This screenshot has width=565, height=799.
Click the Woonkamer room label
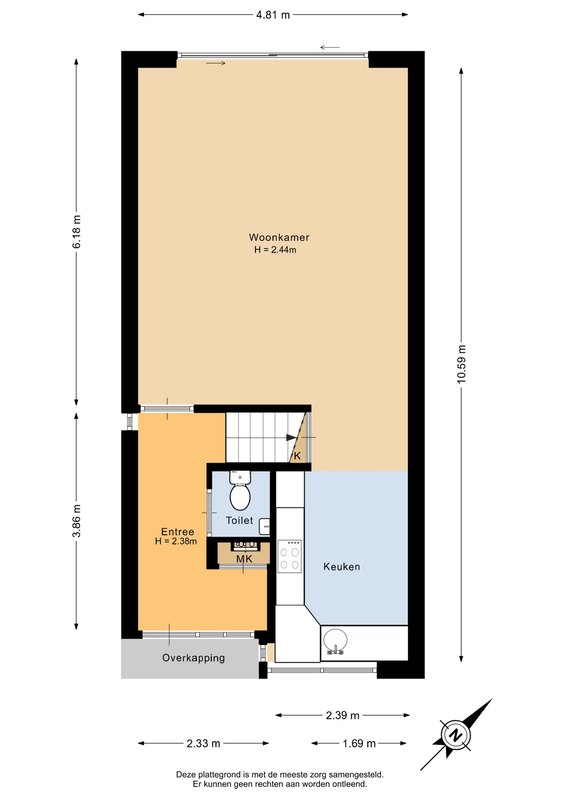(279, 237)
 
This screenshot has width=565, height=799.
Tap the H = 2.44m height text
(275, 250)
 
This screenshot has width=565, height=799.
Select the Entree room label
(178, 531)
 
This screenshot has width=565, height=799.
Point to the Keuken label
(342, 566)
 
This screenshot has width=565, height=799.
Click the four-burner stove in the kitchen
(290, 556)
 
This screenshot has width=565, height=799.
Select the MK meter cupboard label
(244, 559)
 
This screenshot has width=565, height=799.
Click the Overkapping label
(193, 658)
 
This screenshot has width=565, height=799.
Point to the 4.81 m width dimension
(273, 15)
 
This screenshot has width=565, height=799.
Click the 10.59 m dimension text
(461, 364)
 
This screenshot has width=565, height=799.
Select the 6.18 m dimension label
(77, 232)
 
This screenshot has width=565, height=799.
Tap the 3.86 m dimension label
(77, 521)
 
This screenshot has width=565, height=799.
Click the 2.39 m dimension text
(342, 715)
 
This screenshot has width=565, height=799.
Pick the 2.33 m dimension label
(203, 743)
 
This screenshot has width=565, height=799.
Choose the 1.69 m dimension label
(359, 743)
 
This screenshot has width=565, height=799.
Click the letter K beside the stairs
(297, 456)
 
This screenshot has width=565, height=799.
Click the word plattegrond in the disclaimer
(220, 775)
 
